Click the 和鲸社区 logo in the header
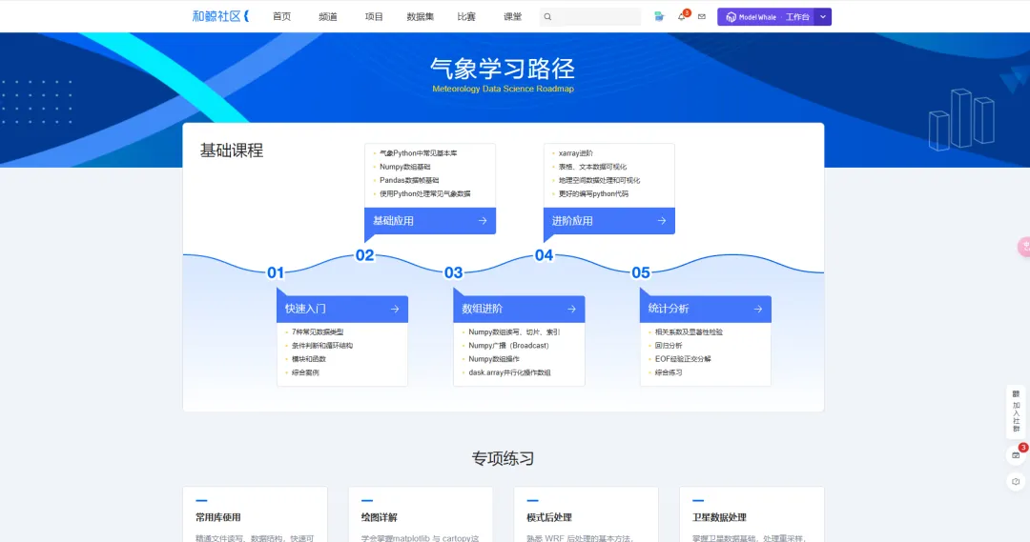pos(219,16)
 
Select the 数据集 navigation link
pos(420,17)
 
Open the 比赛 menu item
pos(466,17)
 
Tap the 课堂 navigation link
pos(512,17)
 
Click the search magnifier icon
pos(547,17)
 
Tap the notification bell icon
pos(681,17)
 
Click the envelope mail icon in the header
pos(702,17)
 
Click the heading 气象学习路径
pos(503,69)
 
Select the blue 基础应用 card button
pos(429,221)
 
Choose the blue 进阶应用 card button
pos(608,221)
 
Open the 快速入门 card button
pos(341,309)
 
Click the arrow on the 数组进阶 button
pos(571,309)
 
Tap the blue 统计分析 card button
pos(705,309)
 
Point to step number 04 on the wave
pos(544,255)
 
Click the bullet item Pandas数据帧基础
pos(409,180)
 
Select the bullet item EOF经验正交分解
pos(682,359)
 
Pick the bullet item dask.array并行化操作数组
pos(509,372)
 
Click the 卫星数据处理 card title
pos(719,517)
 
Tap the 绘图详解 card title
pos(379,517)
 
